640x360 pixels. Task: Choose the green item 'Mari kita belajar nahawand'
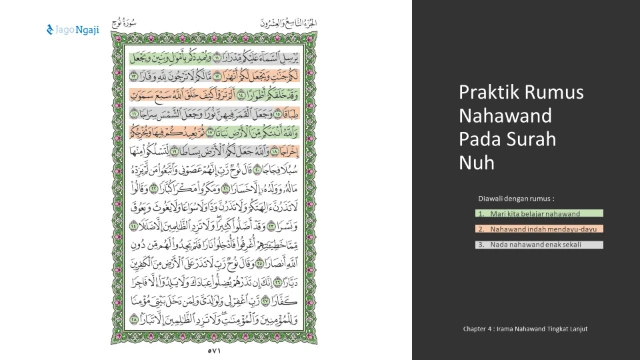click(x=527, y=213)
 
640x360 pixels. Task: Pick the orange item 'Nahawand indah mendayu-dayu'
click(x=527, y=228)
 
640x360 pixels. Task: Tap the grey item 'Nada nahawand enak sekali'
click(x=527, y=243)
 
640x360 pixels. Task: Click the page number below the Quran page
click(x=212, y=352)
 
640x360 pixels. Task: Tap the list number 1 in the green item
click(x=481, y=213)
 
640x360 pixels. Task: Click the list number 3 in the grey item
click(x=481, y=243)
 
